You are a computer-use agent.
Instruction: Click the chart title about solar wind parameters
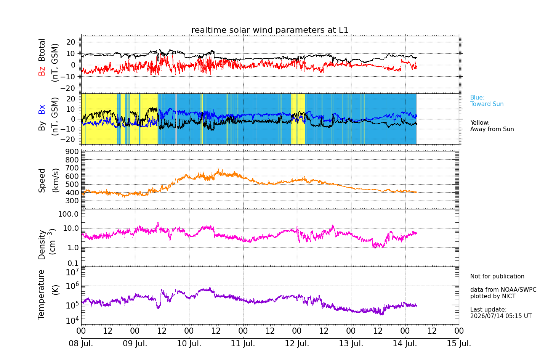(270, 30)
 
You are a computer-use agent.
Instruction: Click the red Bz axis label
(42, 70)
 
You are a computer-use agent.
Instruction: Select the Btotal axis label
(42, 50)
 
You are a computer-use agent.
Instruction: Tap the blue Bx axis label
(42, 109)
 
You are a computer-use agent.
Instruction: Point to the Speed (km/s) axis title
(48, 180)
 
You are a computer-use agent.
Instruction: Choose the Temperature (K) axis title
(48, 295)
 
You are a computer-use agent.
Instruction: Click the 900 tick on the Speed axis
(72, 151)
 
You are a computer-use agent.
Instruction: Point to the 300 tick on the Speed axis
(72, 201)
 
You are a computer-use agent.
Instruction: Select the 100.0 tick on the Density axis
(68, 214)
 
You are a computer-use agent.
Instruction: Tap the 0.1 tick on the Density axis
(73, 263)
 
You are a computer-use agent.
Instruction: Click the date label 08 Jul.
(81, 344)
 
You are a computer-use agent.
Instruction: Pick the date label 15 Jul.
(459, 344)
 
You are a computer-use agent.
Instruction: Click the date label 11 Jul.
(243, 344)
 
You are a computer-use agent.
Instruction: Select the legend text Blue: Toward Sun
(487, 101)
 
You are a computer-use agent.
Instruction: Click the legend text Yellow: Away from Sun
(492, 126)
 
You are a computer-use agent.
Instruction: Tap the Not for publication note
(497, 276)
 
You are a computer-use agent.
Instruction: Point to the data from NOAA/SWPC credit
(503, 289)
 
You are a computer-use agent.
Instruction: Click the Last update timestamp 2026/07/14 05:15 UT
(501, 316)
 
